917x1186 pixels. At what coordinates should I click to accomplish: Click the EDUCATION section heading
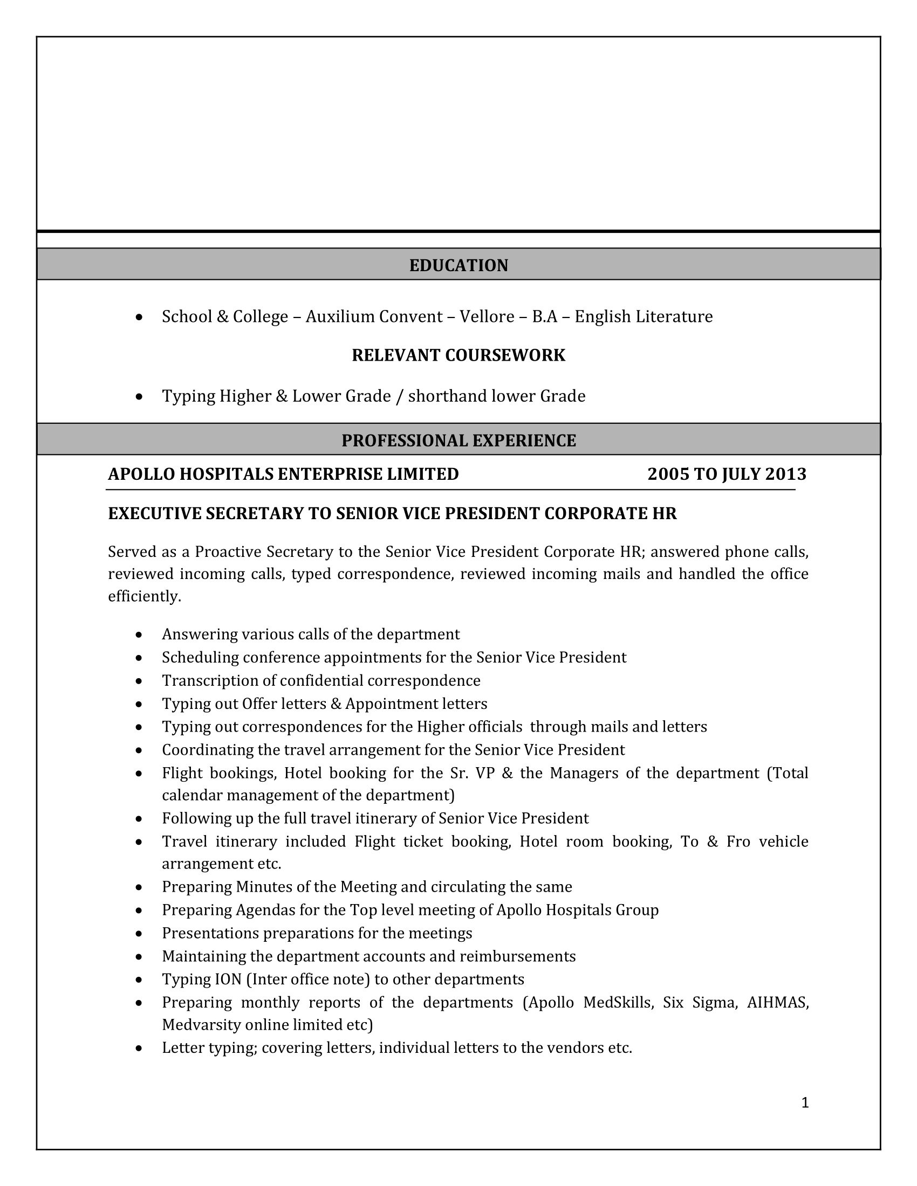point(458,265)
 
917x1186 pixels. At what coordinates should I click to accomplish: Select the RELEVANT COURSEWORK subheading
point(458,355)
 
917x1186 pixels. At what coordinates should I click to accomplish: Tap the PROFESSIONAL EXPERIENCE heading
point(458,440)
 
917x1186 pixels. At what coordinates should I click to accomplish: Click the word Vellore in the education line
point(487,316)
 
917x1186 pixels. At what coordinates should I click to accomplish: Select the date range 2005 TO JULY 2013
point(727,474)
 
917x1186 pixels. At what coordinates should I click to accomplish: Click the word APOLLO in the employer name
point(141,474)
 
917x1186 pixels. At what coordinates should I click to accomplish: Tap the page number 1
point(805,1102)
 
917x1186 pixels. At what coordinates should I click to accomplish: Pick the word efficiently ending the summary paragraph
point(144,596)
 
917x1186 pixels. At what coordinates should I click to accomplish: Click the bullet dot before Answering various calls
point(140,635)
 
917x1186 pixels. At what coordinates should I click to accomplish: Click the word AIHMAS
point(777,1002)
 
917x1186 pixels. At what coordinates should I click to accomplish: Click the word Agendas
point(265,909)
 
